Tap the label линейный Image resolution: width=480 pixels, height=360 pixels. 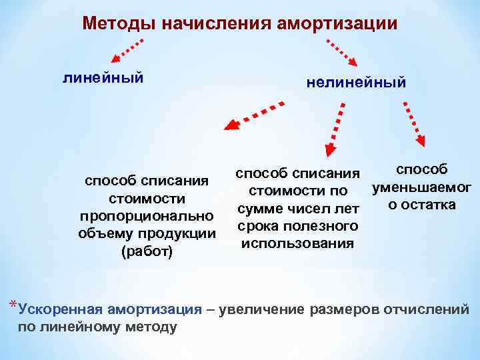pyautogui.click(x=103, y=78)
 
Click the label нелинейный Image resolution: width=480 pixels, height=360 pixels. pyautogui.click(x=356, y=83)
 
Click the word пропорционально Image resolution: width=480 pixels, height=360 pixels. pyautogui.click(x=147, y=217)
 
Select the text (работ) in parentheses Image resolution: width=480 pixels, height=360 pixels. pyautogui.click(x=147, y=251)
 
